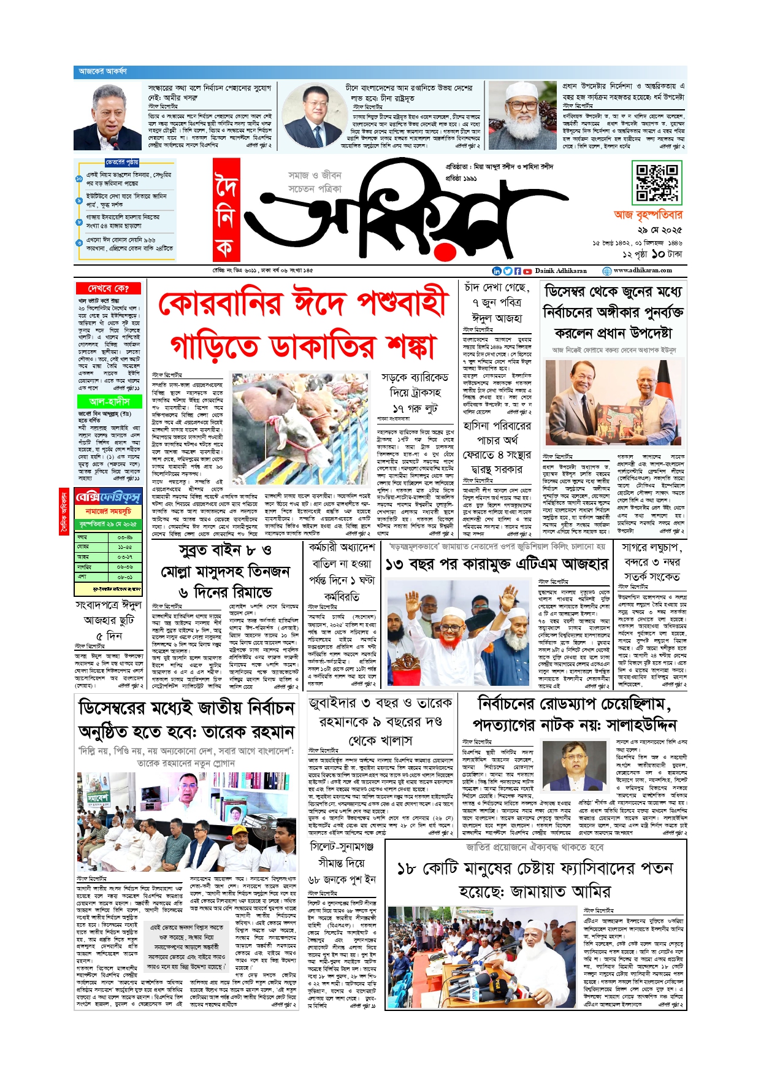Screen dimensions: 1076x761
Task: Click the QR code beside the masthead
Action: [x=656, y=183]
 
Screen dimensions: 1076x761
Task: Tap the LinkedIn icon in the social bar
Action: [x=497, y=271]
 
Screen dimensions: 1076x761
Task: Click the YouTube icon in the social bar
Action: [x=527, y=271]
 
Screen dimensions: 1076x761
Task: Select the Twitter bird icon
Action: [x=507, y=271]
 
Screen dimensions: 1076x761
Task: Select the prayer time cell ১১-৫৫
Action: [x=124, y=547]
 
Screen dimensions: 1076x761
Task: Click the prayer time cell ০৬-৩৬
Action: [x=124, y=567]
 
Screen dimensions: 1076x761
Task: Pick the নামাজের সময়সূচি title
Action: [x=109, y=511]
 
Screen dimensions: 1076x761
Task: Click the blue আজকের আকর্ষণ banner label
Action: [x=103, y=72]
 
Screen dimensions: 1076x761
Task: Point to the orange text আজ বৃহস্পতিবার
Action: [x=648, y=215]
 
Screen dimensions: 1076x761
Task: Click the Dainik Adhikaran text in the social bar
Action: [x=560, y=271]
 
